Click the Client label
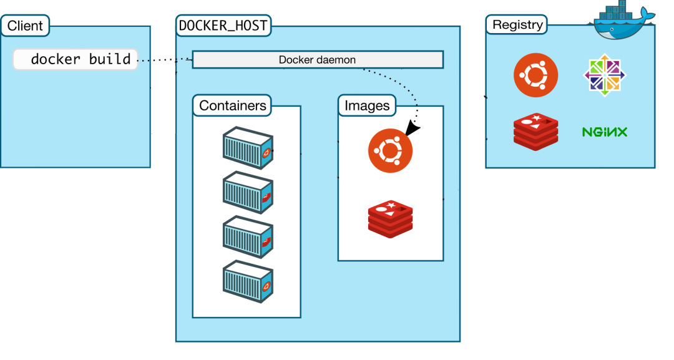(24, 26)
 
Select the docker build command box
(76, 59)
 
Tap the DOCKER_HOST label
(224, 26)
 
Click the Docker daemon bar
(317, 60)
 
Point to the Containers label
(233, 105)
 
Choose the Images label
(367, 105)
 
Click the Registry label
(517, 25)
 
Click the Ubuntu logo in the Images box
(390, 150)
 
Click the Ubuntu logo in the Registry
(535, 75)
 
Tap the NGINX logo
(604, 132)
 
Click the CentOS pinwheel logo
(604, 75)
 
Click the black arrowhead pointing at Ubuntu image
(413, 128)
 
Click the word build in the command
(110, 59)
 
